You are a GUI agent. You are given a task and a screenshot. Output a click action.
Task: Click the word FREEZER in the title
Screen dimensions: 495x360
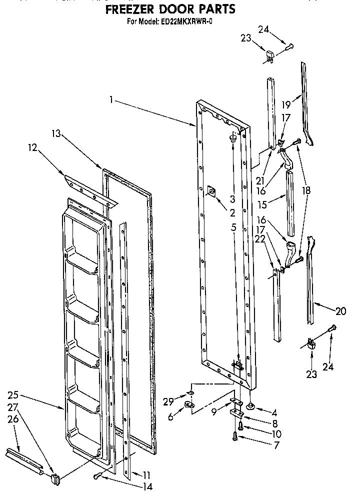(131, 9)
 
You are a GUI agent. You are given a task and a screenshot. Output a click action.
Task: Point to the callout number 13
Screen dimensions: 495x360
(56, 133)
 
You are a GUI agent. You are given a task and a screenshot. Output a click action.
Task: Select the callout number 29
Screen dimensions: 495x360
(168, 401)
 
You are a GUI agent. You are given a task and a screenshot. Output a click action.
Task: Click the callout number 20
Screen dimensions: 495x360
(341, 311)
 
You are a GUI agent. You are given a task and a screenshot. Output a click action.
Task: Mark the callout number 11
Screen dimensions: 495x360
(146, 474)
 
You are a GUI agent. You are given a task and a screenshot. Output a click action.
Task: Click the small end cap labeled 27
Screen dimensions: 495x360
(54, 478)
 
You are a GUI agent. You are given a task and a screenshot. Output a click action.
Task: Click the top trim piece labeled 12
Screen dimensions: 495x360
(90, 187)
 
